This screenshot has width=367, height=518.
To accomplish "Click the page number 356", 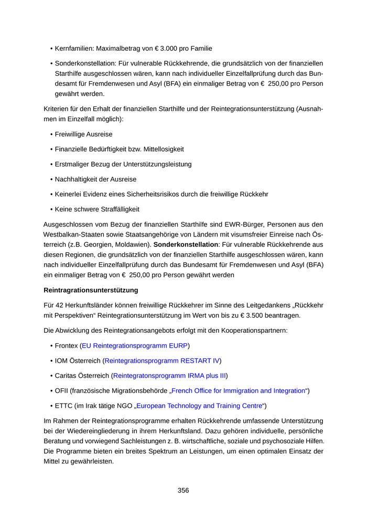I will [x=183, y=490].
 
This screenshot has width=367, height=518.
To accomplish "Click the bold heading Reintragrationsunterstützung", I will [x=91, y=289].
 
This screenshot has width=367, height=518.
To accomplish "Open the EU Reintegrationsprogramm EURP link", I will [x=135, y=345].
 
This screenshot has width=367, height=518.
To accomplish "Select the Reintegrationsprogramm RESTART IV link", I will [x=162, y=361].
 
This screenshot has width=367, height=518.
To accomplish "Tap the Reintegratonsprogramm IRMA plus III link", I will [x=169, y=376].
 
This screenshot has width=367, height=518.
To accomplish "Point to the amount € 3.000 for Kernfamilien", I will [x=167, y=49].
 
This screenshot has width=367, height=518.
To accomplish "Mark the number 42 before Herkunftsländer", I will [x=59, y=305].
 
